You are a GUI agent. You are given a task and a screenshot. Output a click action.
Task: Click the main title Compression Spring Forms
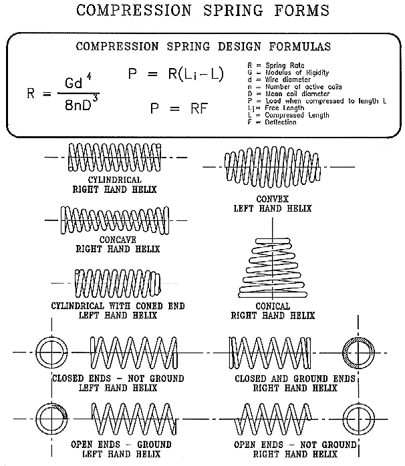coord(202,11)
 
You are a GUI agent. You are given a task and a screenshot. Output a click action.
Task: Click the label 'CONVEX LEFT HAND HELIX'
coord(275,204)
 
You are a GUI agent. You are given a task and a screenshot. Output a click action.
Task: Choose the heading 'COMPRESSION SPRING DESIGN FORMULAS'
coord(202,47)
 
